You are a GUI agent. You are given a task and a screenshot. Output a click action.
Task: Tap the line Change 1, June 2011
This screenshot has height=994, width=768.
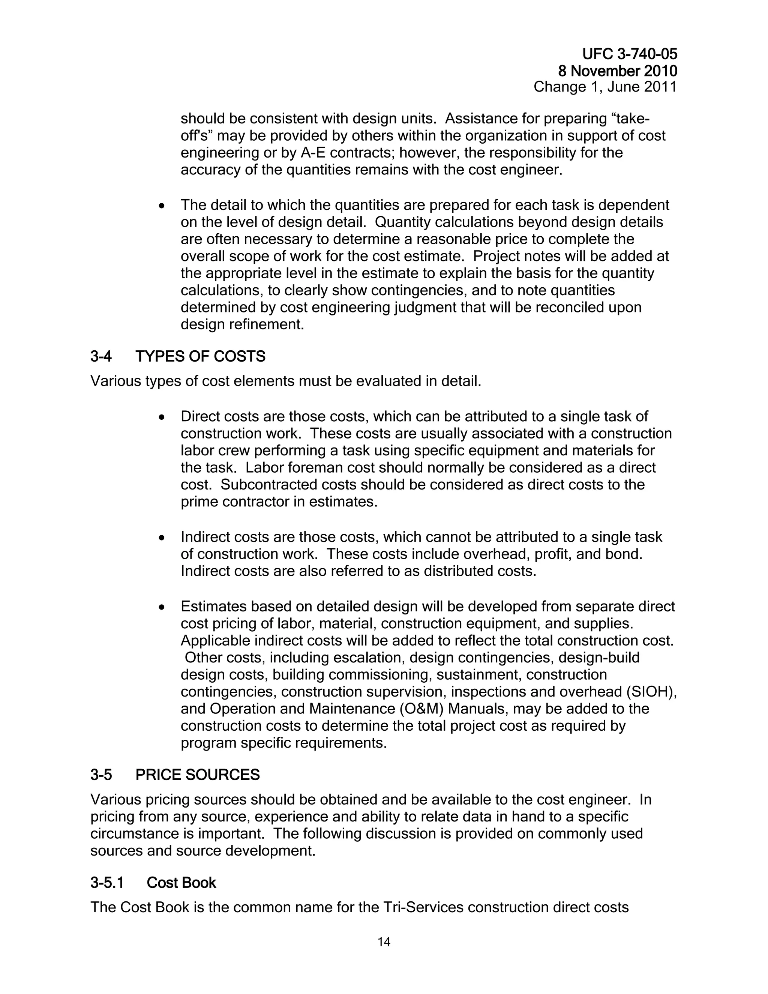click(x=605, y=87)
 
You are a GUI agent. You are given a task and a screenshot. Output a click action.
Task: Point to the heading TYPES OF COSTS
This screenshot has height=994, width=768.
click(x=200, y=356)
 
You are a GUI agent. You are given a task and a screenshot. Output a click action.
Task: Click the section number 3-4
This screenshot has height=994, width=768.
click(x=100, y=356)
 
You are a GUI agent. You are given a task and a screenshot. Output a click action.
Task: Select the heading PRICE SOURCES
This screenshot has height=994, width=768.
click(x=198, y=775)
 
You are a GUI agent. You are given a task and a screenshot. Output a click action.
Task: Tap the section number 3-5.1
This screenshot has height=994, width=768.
click(x=107, y=883)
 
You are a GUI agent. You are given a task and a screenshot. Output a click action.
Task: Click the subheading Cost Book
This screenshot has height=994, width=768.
click(x=181, y=883)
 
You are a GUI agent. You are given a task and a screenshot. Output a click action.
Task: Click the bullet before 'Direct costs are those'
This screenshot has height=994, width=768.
click(x=162, y=417)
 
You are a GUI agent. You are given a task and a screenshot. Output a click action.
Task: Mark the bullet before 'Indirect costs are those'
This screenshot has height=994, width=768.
click(x=162, y=538)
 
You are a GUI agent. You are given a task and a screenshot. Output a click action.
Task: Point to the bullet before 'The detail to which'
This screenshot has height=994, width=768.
click(x=162, y=206)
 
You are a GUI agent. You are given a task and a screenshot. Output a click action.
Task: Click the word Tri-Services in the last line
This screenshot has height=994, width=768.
click(x=423, y=907)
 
